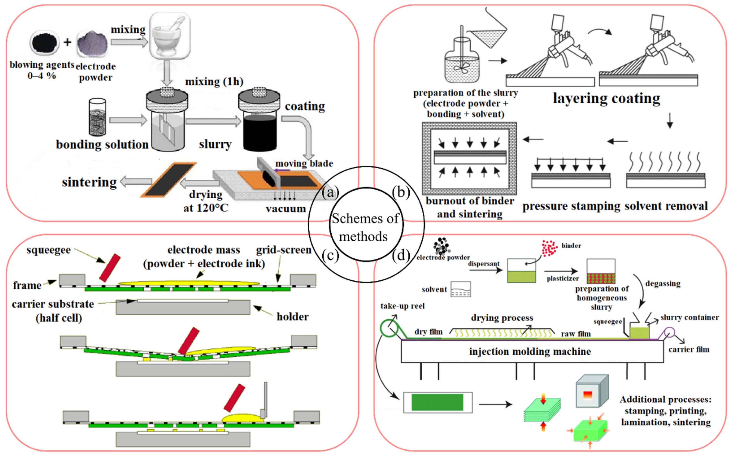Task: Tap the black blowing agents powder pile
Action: coord(44,43)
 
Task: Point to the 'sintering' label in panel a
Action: coord(89,182)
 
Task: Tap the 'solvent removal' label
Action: coord(666,206)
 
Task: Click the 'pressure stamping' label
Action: coord(571,206)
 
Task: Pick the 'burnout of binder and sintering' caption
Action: coord(470,207)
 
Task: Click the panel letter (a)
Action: coord(330,193)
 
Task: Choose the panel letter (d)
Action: coord(401,256)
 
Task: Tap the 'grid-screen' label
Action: coord(283,250)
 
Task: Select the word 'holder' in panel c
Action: coord(292,317)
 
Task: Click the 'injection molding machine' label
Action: coord(530,351)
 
